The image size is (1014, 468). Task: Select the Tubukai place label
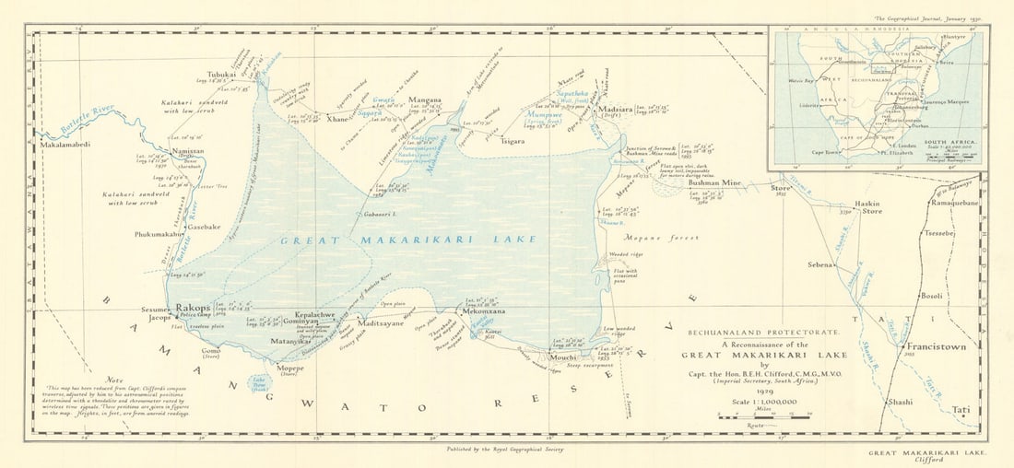(221, 75)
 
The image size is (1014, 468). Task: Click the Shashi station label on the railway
(899, 403)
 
